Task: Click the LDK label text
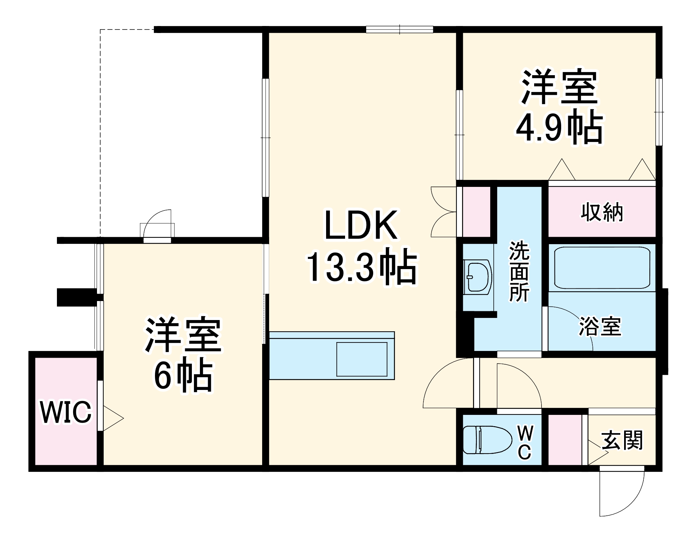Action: (361, 226)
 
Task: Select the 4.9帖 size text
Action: (559, 127)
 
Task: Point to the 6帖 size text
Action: (183, 377)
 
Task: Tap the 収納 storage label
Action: (602, 212)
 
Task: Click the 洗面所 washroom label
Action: (519, 272)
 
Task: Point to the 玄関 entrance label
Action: (622, 440)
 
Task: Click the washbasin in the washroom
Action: (477, 276)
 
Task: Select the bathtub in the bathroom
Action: (602, 268)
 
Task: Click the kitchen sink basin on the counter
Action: (362, 359)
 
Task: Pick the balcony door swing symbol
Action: (157, 224)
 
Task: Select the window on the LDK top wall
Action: (400, 30)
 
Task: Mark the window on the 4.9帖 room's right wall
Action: (659, 112)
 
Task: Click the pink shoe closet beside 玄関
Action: (565, 439)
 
